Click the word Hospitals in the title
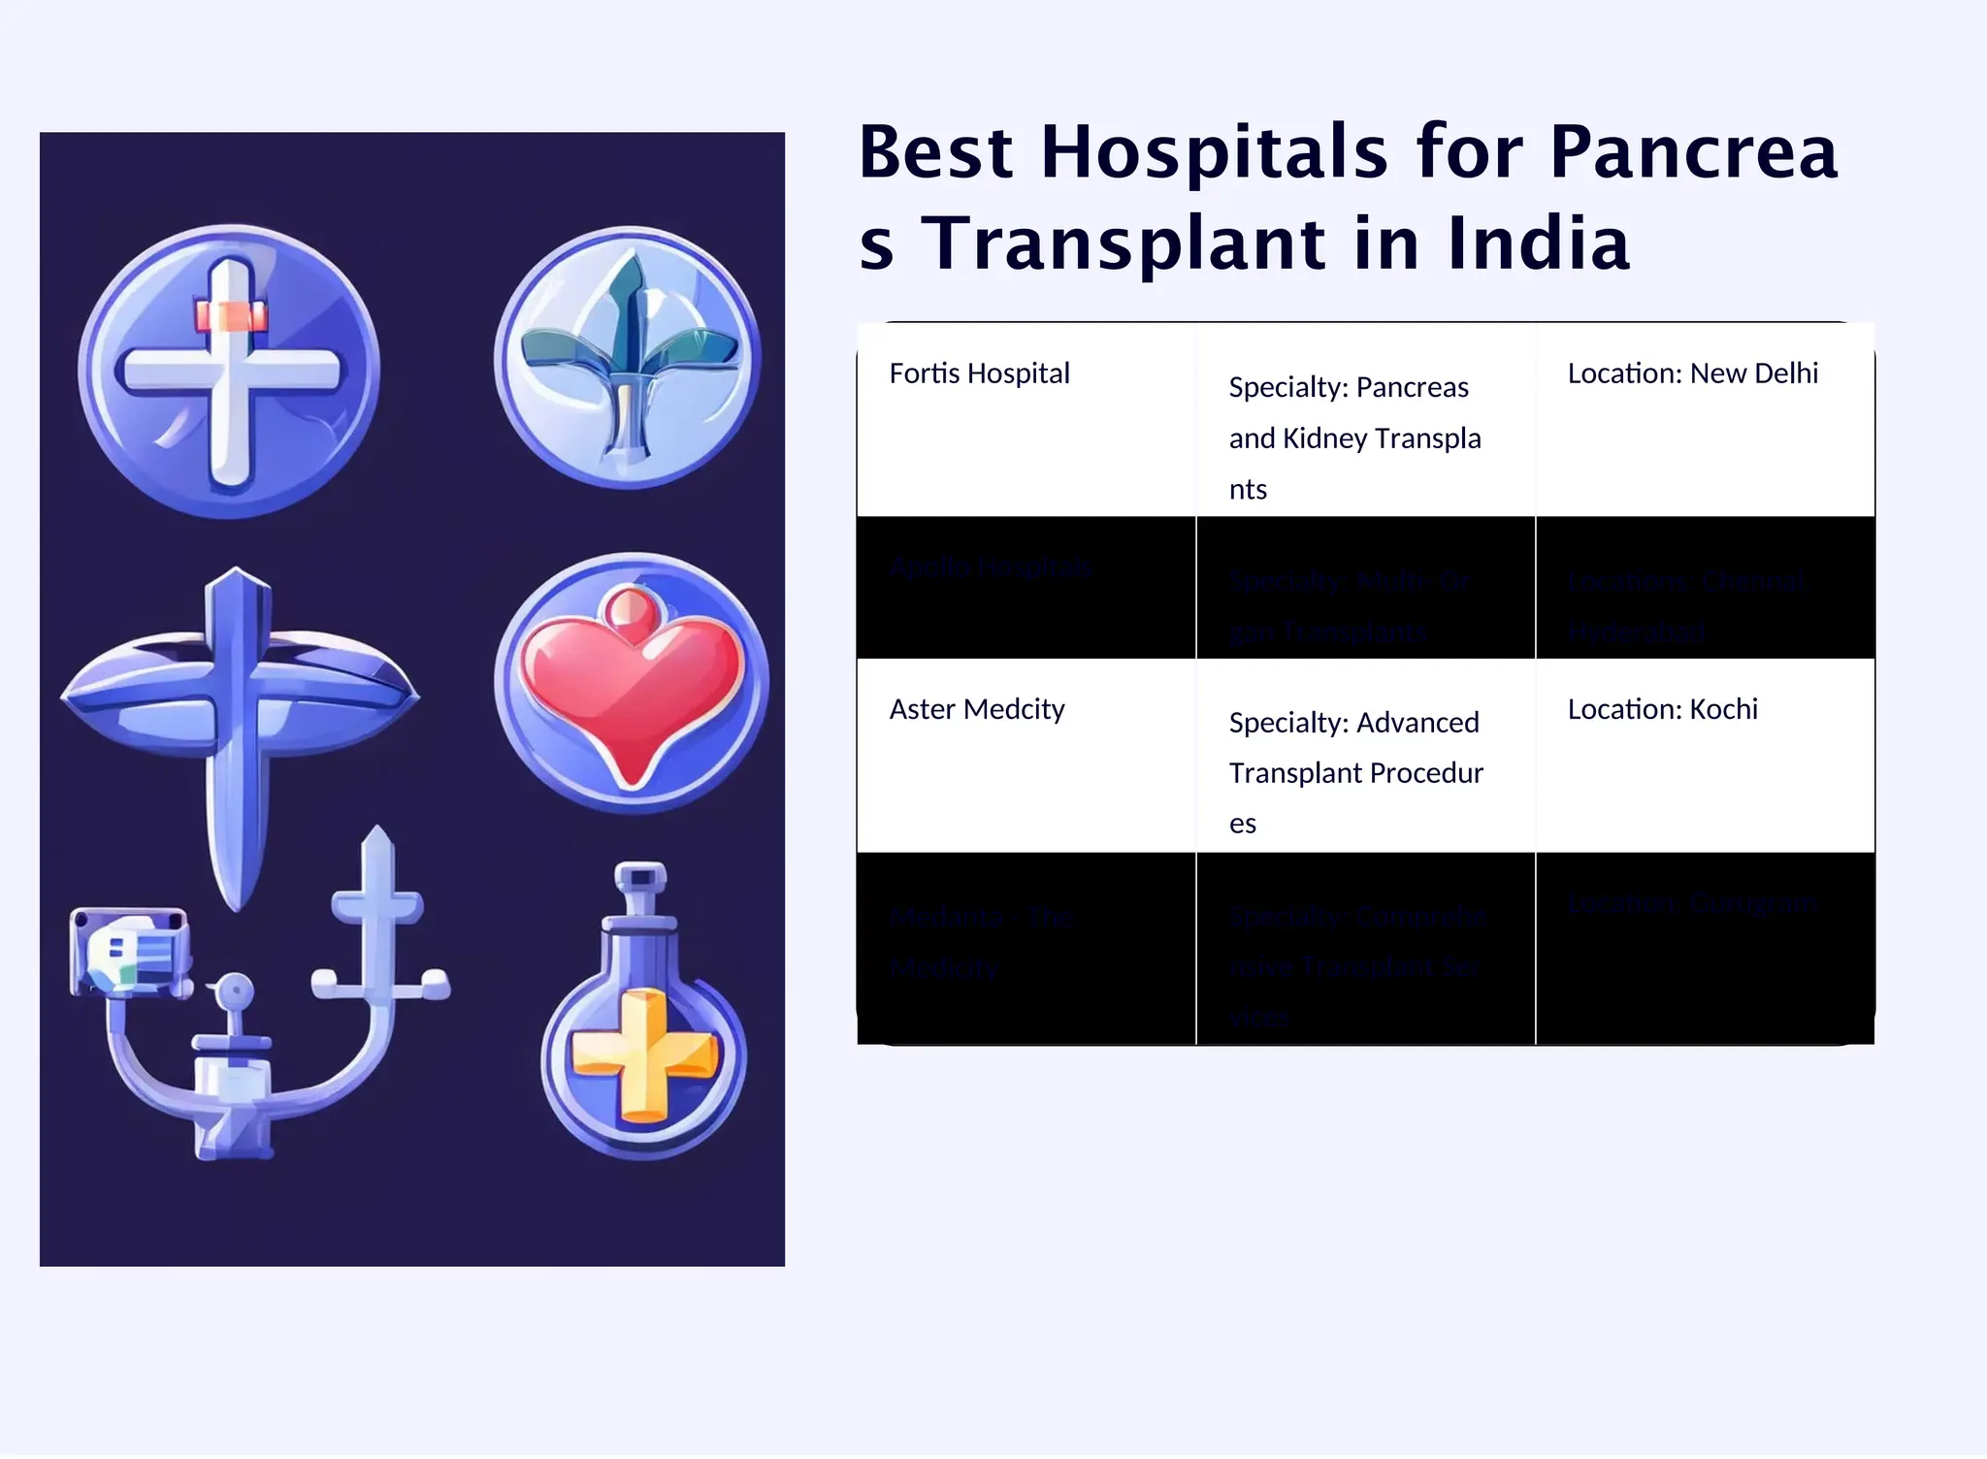point(1213,153)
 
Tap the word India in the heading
point(1538,244)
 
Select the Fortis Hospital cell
point(979,373)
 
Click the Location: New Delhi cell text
point(1692,373)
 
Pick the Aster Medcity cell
point(976,709)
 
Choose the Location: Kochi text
point(1662,709)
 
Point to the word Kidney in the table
point(1325,438)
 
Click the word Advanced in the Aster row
point(1417,723)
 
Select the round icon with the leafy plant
point(628,357)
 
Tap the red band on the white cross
point(231,316)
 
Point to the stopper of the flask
point(640,877)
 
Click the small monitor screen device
point(130,951)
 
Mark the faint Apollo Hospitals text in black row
point(991,567)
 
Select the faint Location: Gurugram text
point(1692,903)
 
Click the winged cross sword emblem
point(238,698)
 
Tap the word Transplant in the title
point(1122,244)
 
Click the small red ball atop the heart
point(631,608)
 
